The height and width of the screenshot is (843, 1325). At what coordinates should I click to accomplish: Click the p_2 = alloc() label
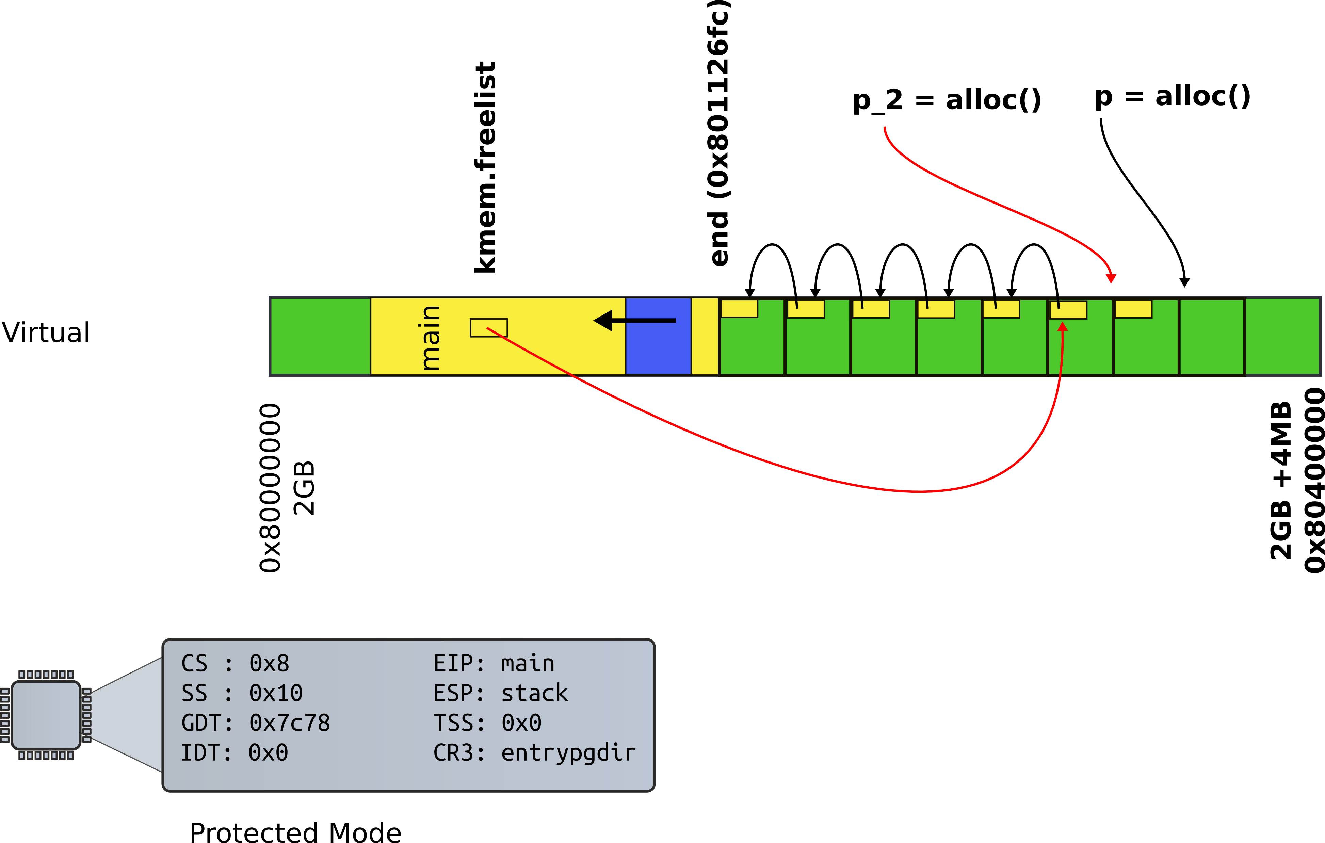[947, 101]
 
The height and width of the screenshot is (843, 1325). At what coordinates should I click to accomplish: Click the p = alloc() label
[1172, 97]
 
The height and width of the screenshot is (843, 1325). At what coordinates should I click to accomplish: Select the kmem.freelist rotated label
[485, 167]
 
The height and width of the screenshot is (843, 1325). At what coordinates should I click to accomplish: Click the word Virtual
[46, 333]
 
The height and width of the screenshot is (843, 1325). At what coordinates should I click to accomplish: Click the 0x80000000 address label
[270, 488]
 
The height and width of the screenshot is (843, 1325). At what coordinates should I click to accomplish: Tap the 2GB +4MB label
[1281, 481]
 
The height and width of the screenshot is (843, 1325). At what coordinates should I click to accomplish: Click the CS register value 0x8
[269, 664]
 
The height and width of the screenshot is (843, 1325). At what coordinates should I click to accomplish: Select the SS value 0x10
[276, 693]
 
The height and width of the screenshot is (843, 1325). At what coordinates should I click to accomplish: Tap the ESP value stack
[534, 693]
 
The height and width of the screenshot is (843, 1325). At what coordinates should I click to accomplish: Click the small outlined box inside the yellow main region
[489, 328]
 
